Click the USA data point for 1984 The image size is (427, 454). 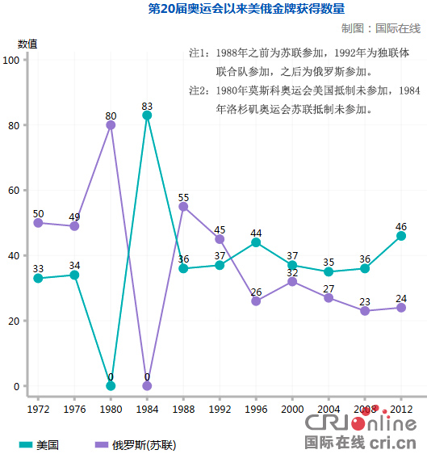147,116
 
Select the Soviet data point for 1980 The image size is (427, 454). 111,125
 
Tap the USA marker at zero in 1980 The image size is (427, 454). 111,385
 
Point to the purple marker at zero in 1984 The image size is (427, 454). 147,385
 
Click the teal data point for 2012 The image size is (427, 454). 401,236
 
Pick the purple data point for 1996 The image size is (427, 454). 256,301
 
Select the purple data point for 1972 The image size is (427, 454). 38,223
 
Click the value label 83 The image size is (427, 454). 147,106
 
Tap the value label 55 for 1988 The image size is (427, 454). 183,197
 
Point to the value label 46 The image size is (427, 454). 401,226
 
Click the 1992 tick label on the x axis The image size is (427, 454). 220,409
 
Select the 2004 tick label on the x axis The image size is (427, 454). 329,409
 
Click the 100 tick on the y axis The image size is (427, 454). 11,61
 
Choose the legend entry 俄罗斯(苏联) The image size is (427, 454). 135,445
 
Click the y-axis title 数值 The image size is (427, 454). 27,44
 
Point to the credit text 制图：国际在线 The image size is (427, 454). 381,28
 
